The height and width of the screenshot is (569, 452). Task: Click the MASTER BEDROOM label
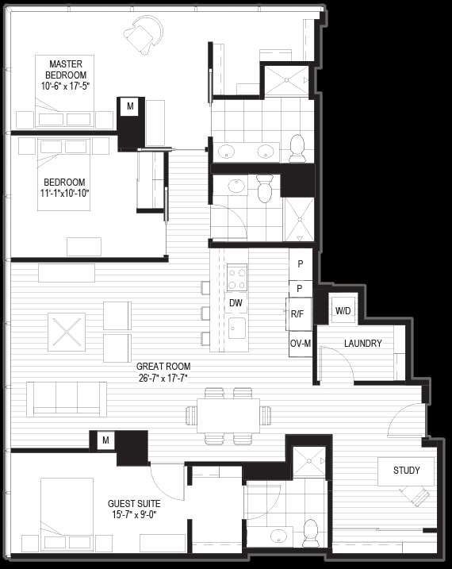tap(66, 70)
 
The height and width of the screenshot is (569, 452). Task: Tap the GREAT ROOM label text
tap(163, 367)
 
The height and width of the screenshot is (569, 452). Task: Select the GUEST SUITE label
tap(134, 504)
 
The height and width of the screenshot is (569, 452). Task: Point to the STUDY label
tap(406, 471)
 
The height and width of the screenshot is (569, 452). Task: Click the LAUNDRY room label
tap(363, 344)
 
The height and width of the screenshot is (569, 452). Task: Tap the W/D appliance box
tap(343, 310)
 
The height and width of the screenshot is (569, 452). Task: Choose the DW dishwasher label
tap(236, 303)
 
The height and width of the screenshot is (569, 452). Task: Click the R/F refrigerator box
tap(298, 314)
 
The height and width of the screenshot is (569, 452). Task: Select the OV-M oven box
tap(301, 344)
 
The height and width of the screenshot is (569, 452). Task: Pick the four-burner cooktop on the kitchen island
tap(237, 278)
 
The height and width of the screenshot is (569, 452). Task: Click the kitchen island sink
tap(237, 328)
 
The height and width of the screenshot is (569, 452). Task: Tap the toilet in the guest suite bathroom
tap(311, 532)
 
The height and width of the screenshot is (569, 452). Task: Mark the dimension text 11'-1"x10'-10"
tap(65, 194)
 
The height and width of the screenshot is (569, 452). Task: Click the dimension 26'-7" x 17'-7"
tap(163, 378)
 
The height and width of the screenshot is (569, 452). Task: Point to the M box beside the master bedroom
tap(130, 106)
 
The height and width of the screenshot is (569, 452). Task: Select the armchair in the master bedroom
tap(143, 34)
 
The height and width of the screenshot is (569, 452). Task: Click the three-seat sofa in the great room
tap(67, 399)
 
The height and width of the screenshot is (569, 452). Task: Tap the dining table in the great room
tap(228, 416)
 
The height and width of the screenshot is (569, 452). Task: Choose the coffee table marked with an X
tap(67, 332)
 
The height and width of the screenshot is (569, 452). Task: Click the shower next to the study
tap(309, 461)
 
